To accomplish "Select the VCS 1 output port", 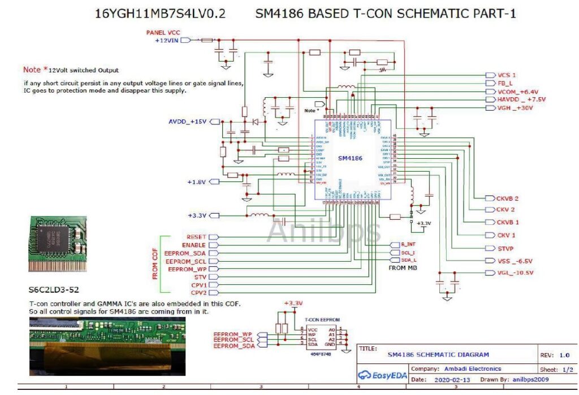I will [x=507, y=75].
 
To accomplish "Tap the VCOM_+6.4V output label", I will [x=517, y=92].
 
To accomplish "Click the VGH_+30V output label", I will [x=515, y=108].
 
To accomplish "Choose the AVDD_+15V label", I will [x=188, y=122].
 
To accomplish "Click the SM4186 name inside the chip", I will [x=349, y=159].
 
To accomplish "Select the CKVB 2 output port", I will [x=508, y=199].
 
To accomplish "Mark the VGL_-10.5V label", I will [x=515, y=273].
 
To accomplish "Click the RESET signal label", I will [x=196, y=237].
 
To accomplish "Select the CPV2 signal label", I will [x=198, y=293].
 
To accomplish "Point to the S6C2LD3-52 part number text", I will [x=54, y=290].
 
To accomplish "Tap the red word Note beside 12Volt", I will [x=32, y=70].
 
